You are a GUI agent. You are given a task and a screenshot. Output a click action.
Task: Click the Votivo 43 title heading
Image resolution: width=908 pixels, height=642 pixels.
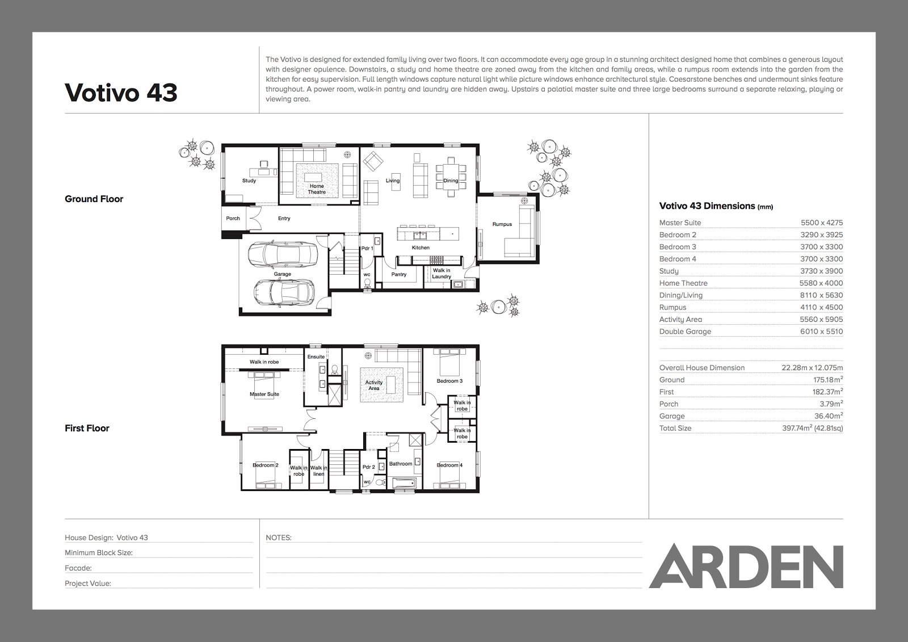click(x=121, y=93)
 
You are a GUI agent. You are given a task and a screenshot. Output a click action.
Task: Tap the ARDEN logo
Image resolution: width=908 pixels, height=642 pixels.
click(x=746, y=566)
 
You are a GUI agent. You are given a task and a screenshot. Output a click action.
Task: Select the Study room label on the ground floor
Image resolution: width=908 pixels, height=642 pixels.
click(x=249, y=181)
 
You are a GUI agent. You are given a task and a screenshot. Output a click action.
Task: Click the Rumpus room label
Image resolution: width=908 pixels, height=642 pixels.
click(x=502, y=224)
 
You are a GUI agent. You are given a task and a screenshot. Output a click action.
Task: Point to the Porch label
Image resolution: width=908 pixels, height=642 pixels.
click(x=233, y=218)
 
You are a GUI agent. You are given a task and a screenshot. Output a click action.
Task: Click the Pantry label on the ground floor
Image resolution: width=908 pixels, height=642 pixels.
click(x=399, y=274)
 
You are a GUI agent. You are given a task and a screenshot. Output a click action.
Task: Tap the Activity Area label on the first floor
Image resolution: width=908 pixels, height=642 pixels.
click(x=374, y=385)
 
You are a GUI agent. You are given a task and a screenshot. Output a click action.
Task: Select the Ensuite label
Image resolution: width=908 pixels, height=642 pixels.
click(x=316, y=357)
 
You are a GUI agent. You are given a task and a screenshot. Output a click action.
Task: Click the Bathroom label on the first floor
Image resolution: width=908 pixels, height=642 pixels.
click(x=401, y=464)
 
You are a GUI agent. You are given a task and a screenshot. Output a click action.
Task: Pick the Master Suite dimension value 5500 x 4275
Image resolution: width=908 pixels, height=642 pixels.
click(x=822, y=223)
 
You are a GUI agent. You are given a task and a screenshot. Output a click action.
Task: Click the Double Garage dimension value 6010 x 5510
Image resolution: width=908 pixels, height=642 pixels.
click(x=822, y=332)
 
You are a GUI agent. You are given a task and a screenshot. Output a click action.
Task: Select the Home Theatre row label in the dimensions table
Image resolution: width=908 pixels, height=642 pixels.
click(x=683, y=283)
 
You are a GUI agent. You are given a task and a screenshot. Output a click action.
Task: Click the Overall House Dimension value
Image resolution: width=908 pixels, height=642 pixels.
click(x=812, y=368)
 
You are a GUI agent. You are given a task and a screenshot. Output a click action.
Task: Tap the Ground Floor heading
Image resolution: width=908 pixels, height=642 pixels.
click(x=94, y=199)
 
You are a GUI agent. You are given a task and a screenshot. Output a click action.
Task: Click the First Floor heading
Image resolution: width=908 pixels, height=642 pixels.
click(x=87, y=428)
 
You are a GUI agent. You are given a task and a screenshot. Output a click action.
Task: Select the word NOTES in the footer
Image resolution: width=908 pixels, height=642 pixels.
click(x=279, y=538)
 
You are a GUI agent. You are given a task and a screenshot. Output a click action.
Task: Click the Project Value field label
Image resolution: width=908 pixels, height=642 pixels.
click(x=88, y=584)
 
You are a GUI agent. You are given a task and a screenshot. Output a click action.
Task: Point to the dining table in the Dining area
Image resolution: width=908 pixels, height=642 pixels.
click(x=451, y=177)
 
